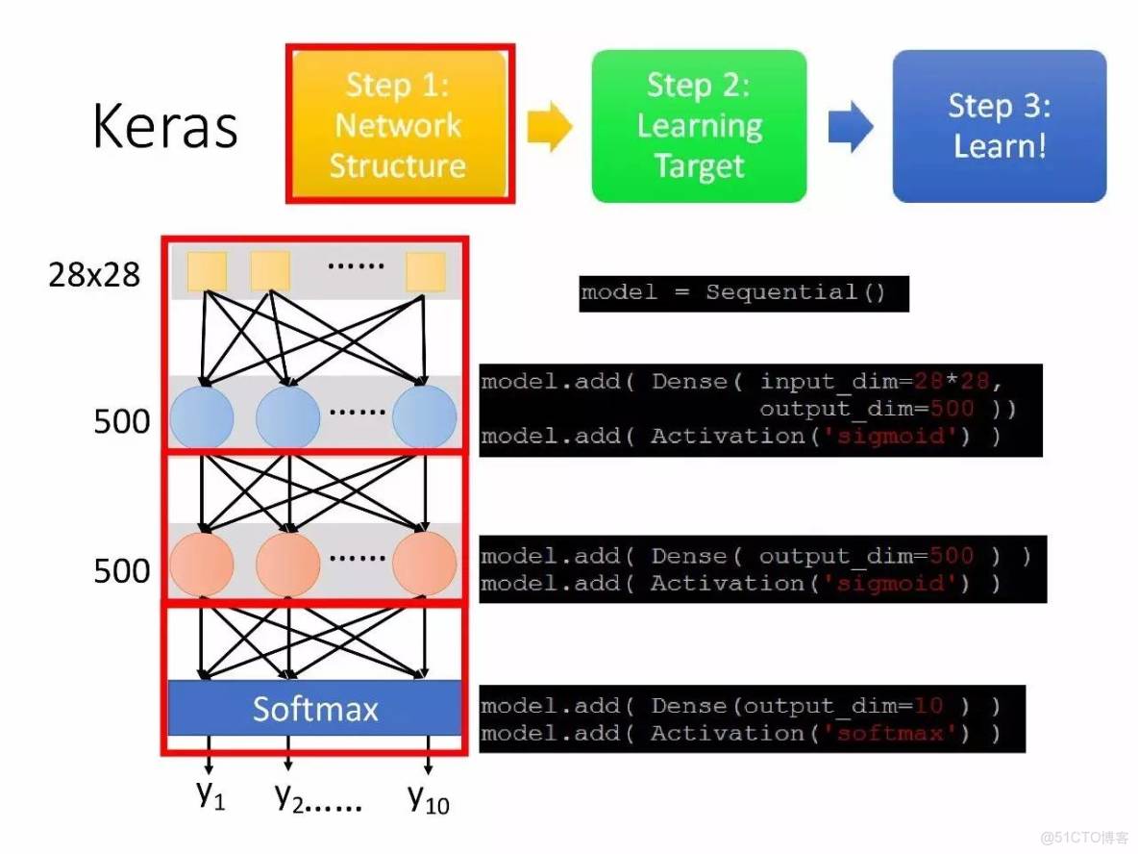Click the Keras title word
(x=165, y=128)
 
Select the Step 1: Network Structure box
(x=399, y=124)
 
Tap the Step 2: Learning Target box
(x=699, y=126)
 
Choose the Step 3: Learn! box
(x=1000, y=126)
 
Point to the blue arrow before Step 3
(x=850, y=127)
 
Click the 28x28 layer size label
(x=94, y=276)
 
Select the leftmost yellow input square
(x=206, y=271)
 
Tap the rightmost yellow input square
(x=425, y=271)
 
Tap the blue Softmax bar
(x=314, y=709)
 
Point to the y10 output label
(x=428, y=798)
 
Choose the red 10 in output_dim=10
(x=928, y=706)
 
